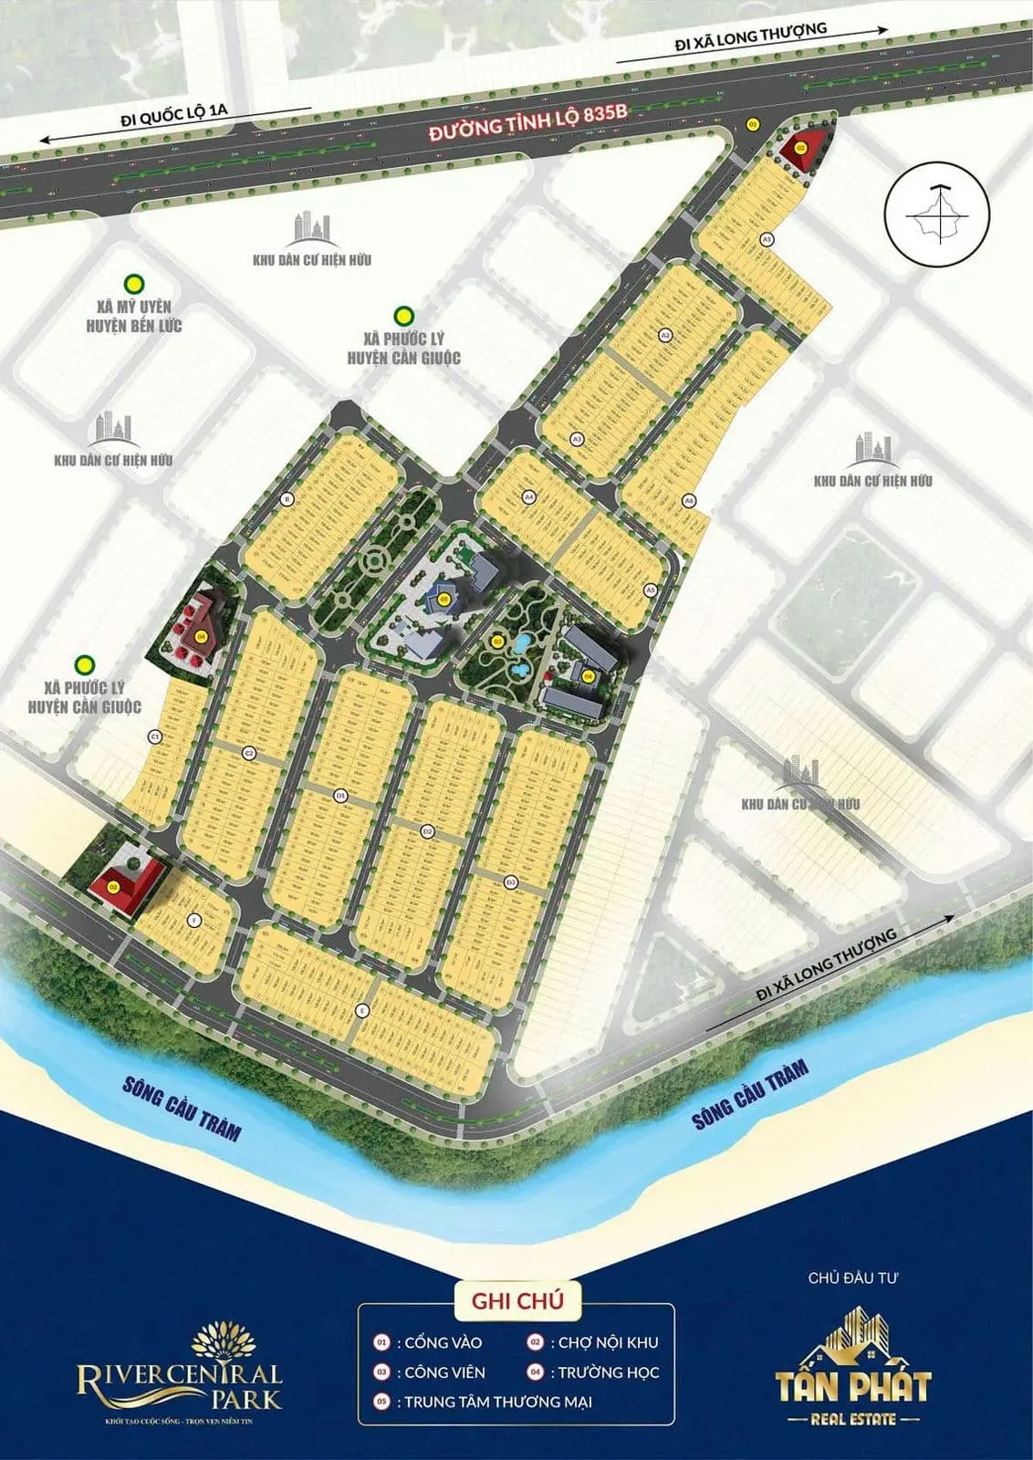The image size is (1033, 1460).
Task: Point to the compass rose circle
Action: tap(937, 213)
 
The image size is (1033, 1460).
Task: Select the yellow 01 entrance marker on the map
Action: tap(753, 123)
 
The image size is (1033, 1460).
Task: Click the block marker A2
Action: tap(665, 336)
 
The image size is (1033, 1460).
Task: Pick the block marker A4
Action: tap(528, 497)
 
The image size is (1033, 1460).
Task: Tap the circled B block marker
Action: tap(287, 498)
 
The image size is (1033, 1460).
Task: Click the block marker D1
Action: tap(340, 796)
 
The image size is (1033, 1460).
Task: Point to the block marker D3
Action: tap(511, 881)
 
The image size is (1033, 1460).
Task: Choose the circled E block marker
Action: tap(362, 1010)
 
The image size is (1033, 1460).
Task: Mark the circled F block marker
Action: tap(193, 921)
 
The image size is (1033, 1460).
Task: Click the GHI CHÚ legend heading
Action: tap(517, 1301)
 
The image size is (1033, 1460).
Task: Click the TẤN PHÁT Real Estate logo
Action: tap(853, 1369)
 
